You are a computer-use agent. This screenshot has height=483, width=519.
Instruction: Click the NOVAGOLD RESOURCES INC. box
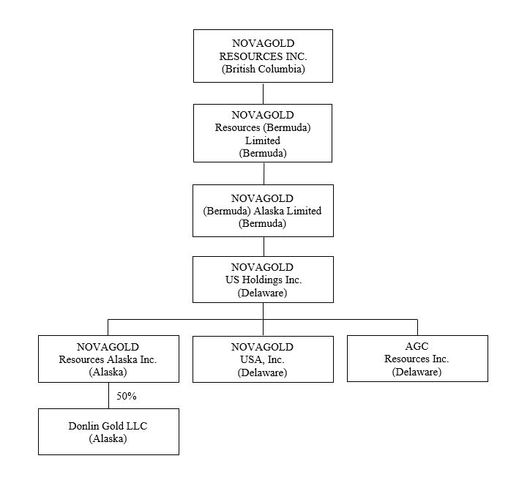tap(263, 56)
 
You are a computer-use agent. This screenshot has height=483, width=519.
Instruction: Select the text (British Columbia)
tap(263, 70)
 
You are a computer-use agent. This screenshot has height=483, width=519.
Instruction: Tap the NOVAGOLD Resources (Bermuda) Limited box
tap(263, 132)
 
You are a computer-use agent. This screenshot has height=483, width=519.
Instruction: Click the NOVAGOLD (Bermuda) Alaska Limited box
tap(263, 210)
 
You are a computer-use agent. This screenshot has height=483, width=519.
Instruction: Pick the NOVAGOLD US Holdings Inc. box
tap(263, 279)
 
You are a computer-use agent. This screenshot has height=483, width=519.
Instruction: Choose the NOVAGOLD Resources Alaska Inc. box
tap(108, 358)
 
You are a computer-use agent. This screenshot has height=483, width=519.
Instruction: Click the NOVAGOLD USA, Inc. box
tap(263, 359)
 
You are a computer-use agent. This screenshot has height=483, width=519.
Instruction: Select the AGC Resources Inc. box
tap(417, 358)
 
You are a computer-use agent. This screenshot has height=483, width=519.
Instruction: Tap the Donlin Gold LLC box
tap(108, 431)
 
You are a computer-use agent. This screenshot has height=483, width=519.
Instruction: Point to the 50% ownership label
tap(127, 396)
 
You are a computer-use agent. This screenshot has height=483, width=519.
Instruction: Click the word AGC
tap(417, 346)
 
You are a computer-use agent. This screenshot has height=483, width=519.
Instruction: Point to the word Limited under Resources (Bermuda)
tap(263, 140)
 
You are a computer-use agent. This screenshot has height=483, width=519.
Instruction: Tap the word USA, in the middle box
tap(250, 359)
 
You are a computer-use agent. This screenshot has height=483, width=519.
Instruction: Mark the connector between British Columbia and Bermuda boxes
tap(264, 93)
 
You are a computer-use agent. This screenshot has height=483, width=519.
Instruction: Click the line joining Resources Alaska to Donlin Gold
tap(108, 395)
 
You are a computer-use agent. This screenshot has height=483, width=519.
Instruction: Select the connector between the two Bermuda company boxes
tap(264, 173)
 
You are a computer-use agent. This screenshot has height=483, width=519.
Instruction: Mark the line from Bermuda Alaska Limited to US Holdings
tap(264, 246)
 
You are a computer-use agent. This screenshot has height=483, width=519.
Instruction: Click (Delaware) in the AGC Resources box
tap(417, 372)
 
